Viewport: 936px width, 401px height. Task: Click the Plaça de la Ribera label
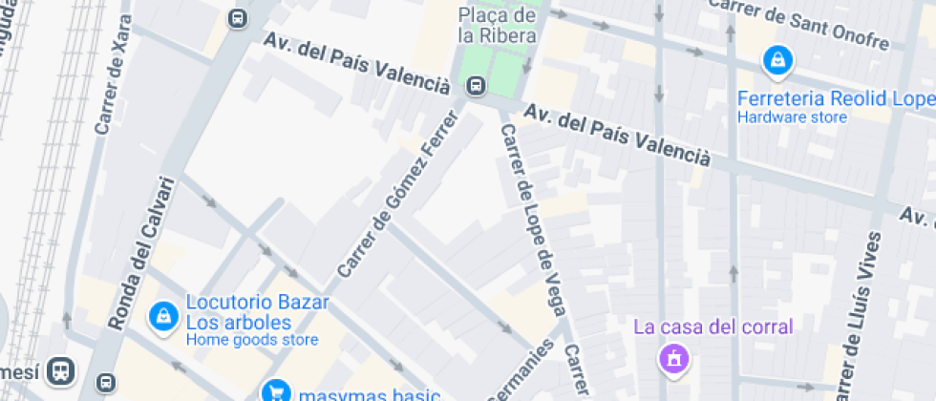[496, 25]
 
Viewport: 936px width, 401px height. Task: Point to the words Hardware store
[792, 117]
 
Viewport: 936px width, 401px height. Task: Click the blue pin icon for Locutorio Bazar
[163, 315]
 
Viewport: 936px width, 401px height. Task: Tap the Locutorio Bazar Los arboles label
[257, 311]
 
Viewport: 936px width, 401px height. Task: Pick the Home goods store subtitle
[251, 339]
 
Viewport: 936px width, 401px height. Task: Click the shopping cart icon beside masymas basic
[276, 391]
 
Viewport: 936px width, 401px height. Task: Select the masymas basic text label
[368, 394]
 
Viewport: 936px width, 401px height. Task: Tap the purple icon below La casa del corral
[674, 360]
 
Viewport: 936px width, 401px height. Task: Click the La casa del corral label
[713, 327]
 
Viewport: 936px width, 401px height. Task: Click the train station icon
[62, 369]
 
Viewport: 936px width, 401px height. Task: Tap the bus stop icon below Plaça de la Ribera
[475, 87]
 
